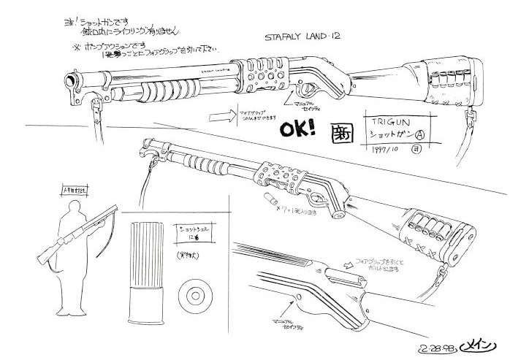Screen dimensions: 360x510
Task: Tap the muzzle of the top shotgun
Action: pyautogui.click(x=69, y=77)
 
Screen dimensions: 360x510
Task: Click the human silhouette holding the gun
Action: pyautogui.click(x=69, y=233)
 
